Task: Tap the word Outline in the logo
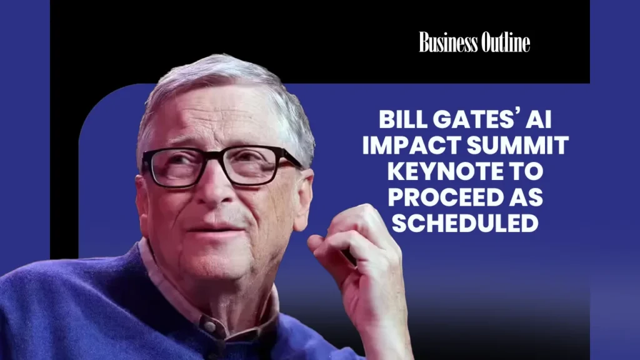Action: coord(506,42)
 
